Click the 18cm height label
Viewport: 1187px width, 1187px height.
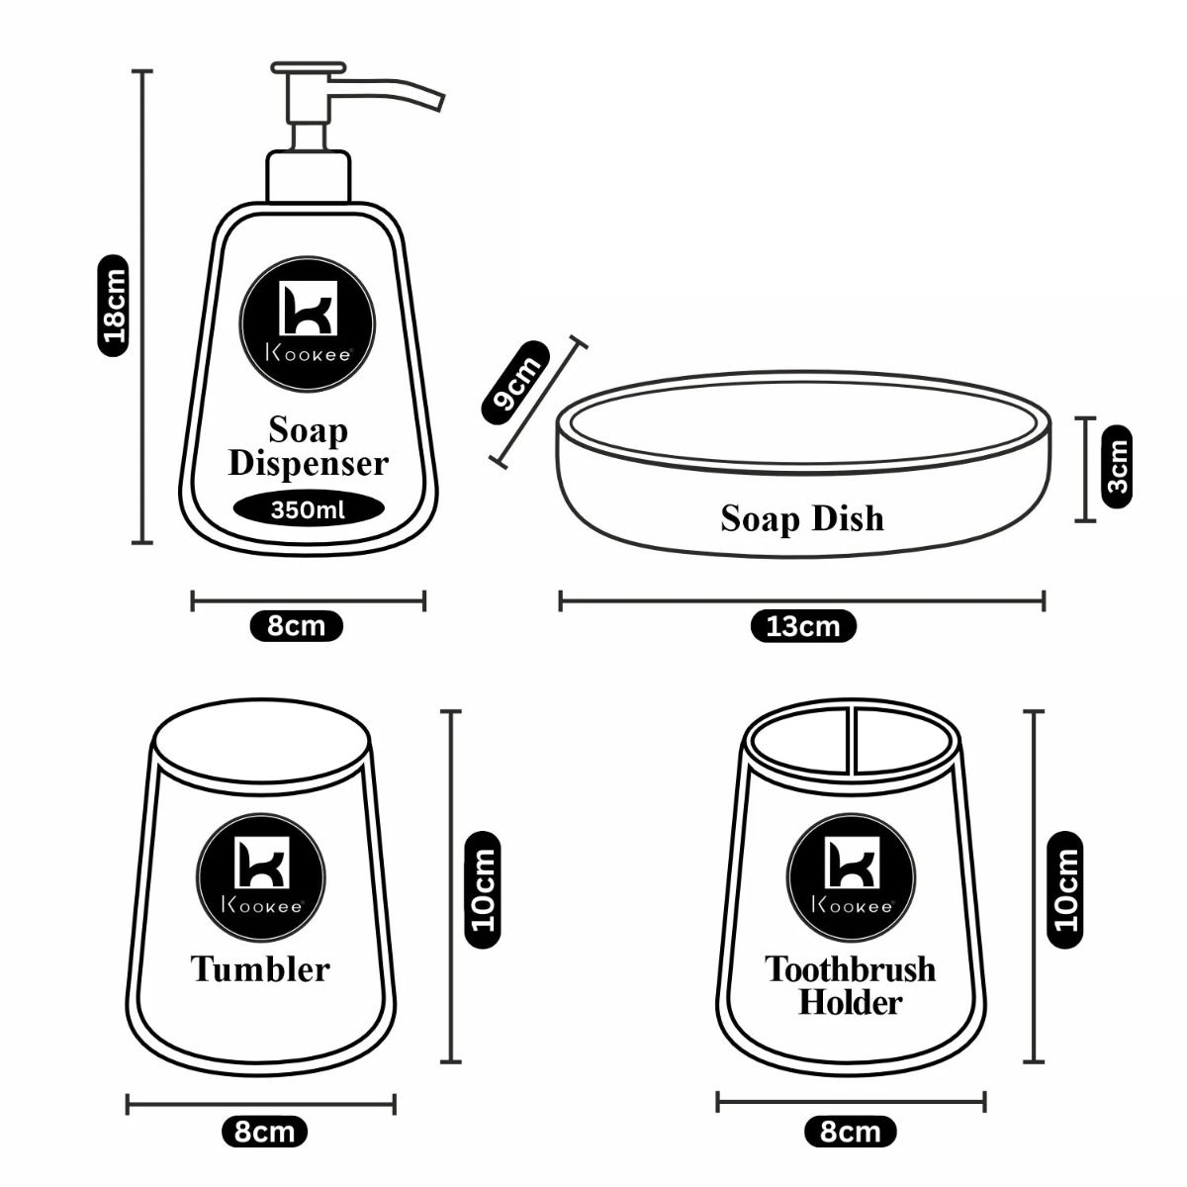point(114,306)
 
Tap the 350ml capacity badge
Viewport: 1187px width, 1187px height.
point(309,510)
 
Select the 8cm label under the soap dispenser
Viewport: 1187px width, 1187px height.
point(297,626)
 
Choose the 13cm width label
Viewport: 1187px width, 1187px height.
point(802,626)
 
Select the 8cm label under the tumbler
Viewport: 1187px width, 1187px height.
point(264,1132)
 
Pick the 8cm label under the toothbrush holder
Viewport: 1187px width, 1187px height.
point(851,1132)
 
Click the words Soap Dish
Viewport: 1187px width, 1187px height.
point(802,518)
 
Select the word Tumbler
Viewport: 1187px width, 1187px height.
point(260,968)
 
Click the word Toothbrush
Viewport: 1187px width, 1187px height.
point(850,968)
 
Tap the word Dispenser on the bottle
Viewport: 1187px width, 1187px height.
point(309,464)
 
